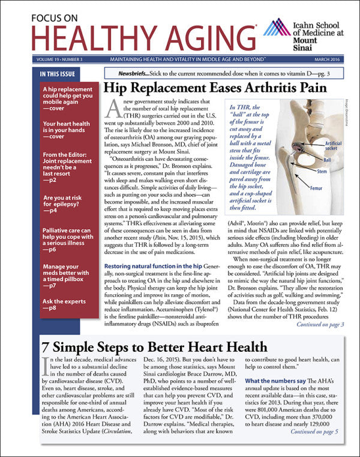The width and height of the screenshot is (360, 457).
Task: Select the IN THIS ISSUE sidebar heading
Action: tap(57, 74)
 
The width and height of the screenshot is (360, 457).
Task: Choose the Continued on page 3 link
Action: tap(320, 325)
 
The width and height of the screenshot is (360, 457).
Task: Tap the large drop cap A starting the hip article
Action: tap(112, 109)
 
